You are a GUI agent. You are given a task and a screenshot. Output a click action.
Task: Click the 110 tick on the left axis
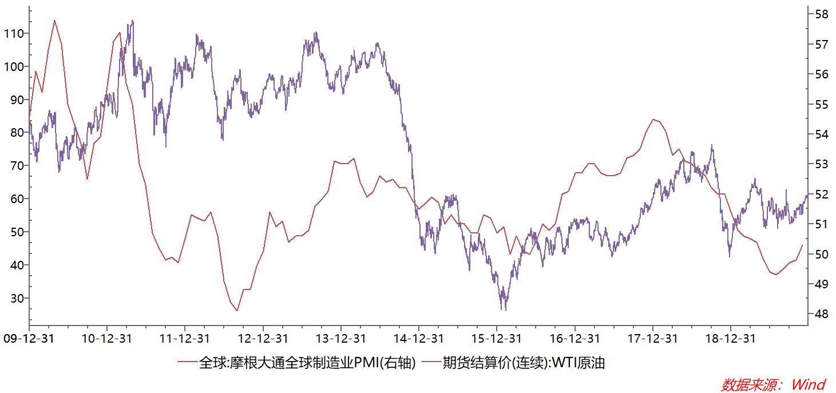point(16,33)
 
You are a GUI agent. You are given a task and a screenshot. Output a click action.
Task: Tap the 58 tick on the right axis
point(821,14)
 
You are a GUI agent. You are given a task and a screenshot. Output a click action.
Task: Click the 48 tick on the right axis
point(821,314)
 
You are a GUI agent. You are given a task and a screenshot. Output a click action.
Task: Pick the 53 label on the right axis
point(821,164)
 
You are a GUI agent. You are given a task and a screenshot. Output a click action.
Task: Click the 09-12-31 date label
point(29,339)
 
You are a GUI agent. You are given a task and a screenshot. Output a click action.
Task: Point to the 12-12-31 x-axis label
point(263,339)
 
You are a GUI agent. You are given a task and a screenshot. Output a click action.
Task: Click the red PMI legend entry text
point(307,363)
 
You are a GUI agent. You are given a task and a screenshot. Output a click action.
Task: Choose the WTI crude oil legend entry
point(524,363)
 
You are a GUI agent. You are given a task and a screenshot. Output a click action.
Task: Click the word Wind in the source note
point(809,384)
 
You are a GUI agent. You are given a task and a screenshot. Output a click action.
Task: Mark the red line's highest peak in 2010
point(54,21)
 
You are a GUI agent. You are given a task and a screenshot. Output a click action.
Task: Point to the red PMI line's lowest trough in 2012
point(237,311)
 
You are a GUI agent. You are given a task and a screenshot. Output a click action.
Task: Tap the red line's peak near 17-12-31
point(653,120)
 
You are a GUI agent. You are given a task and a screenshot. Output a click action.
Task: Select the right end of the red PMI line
point(802,245)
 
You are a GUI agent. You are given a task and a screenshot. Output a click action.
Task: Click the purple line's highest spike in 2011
point(133,21)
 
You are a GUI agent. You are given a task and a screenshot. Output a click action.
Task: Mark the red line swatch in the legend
point(187,363)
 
